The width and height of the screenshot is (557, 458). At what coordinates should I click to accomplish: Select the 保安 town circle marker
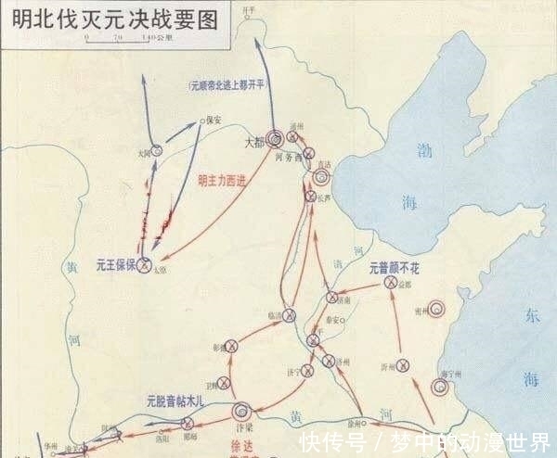click(201, 120)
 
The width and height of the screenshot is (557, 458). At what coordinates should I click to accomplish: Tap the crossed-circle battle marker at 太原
click(145, 261)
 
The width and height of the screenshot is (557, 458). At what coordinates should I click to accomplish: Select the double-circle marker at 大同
click(159, 150)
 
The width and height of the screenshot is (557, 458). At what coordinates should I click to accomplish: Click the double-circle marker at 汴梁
click(242, 409)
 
